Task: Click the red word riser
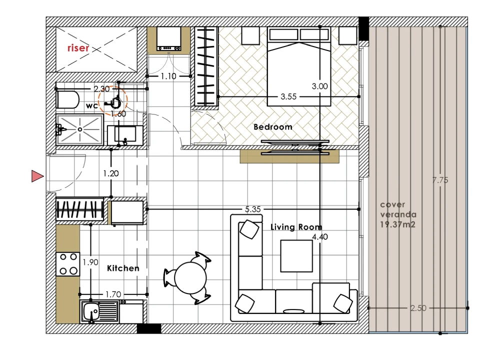coord(78,48)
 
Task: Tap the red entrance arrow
coord(37,176)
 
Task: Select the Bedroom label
coord(273,127)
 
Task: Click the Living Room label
coord(296,227)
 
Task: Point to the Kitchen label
coord(123,268)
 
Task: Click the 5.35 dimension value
coord(253,209)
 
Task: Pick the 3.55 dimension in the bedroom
coord(288,96)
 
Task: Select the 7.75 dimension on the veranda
coord(440,180)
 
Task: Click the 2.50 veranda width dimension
coord(418,308)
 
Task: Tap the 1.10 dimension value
coord(168,76)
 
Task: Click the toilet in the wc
coord(67,99)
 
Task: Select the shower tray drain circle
coord(79,129)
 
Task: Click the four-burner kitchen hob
coord(68,264)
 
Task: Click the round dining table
coord(190,277)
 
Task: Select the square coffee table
coord(296,256)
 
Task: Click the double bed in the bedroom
coord(299,66)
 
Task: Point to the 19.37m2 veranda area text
coord(397,224)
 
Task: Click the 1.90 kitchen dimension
coord(90,262)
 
